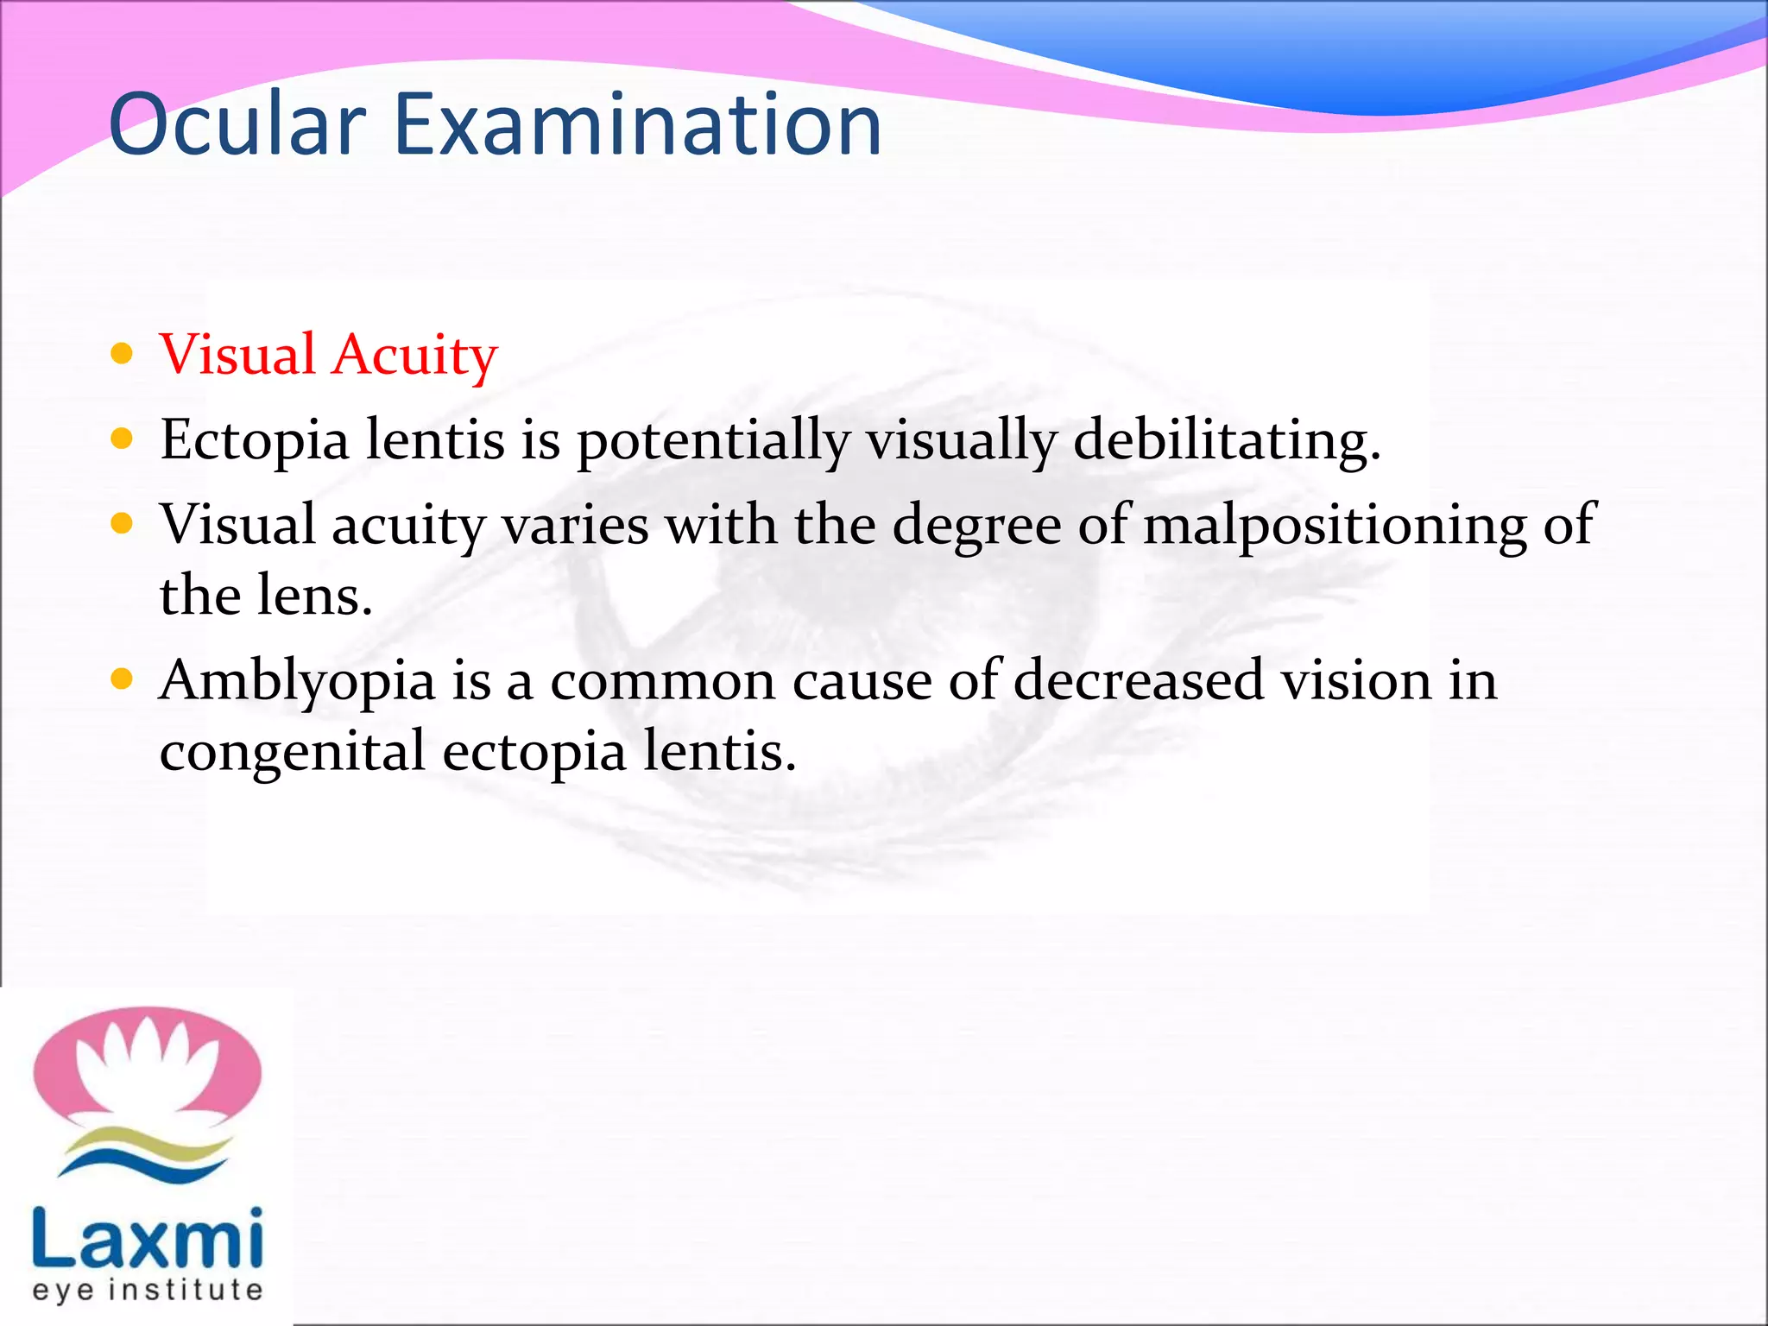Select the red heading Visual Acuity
pyautogui.click(x=329, y=355)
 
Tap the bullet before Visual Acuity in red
pyautogui.click(x=123, y=353)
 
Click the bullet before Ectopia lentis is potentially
pyautogui.click(x=123, y=439)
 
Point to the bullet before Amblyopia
pyautogui.click(x=123, y=679)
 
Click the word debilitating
pyautogui.click(x=1227, y=440)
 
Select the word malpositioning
pyautogui.click(x=1335, y=525)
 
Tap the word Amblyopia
pyautogui.click(x=298, y=682)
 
